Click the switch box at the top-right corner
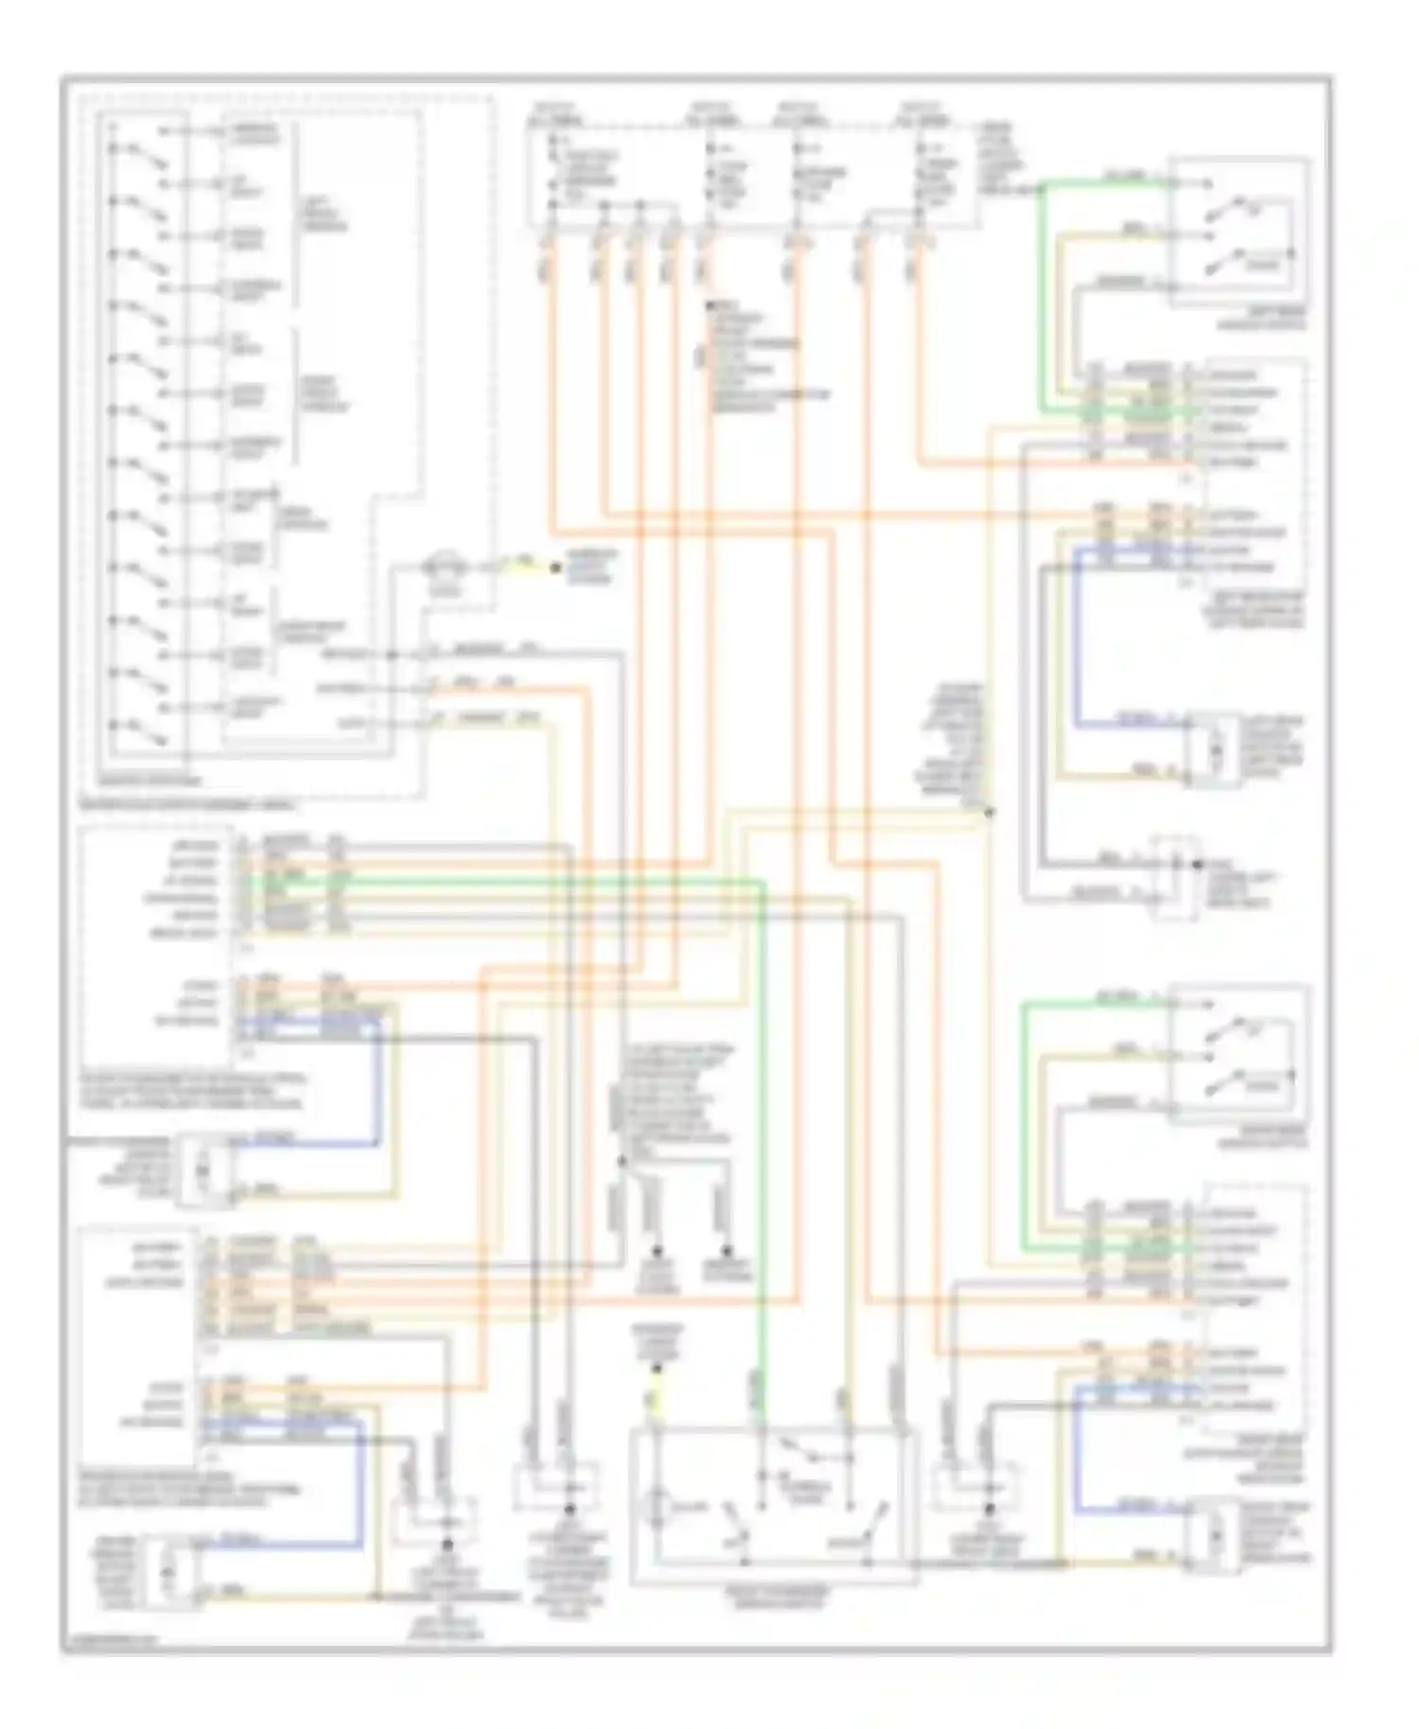click(x=1239, y=232)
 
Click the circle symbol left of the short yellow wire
click(x=442, y=568)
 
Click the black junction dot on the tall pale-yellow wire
click(x=990, y=812)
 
